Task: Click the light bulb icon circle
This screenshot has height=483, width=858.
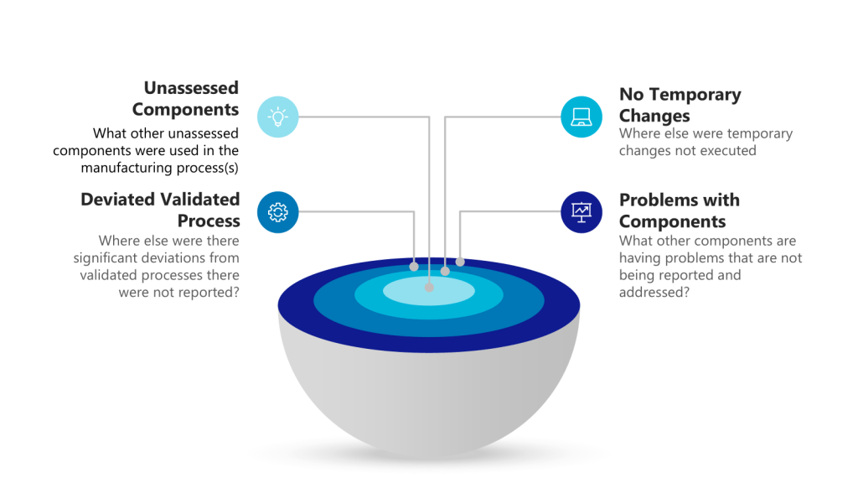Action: click(x=277, y=117)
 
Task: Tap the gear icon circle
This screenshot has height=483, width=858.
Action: click(x=277, y=212)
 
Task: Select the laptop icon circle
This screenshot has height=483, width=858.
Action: click(x=581, y=117)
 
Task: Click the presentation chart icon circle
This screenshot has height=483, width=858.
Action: click(x=581, y=212)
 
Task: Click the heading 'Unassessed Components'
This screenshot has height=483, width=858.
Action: click(x=185, y=98)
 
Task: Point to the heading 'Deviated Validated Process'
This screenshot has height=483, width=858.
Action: click(x=160, y=210)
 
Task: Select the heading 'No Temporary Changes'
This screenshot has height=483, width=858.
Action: click(x=680, y=105)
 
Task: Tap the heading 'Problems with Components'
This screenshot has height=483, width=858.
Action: click(x=679, y=210)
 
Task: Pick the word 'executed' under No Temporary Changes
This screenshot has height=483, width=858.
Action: click(x=730, y=151)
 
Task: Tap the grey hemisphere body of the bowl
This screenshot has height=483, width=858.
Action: click(x=429, y=394)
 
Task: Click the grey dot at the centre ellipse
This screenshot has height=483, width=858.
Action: click(x=430, y=288)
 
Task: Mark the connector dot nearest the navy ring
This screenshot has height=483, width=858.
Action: click(x=460, y=262)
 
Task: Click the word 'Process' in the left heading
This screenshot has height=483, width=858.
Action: click(x=209, y=221)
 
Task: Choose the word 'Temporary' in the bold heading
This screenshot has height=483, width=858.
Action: click(x=693, y=95)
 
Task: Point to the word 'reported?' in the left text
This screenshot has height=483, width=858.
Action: click(x=209, y=292)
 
